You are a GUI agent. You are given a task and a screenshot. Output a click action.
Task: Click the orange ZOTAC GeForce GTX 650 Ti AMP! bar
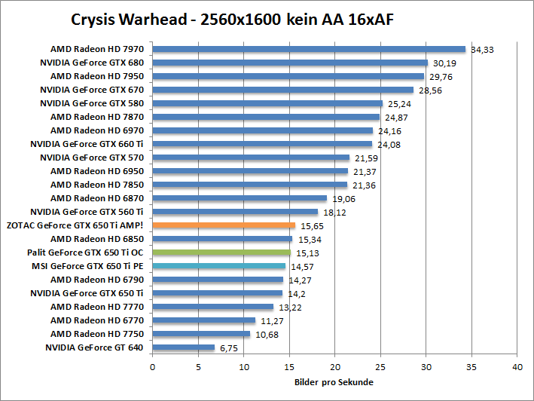[x=224, y=225]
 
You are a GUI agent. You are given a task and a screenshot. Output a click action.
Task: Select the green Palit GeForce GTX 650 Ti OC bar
[x=221, y=252]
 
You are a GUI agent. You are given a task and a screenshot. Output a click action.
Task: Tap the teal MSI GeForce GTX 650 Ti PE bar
[x=219, y=265]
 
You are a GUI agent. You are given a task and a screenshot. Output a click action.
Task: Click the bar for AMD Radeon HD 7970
[x=309, y=49]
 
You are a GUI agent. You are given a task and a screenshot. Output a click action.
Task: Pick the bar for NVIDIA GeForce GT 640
[x=184, y=347]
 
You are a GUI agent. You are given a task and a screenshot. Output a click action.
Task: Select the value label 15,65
[x=312, y=225]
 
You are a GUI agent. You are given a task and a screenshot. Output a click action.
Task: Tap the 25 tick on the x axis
[x=380, y=367]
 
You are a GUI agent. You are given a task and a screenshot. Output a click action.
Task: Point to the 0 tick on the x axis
[x=153, y=367]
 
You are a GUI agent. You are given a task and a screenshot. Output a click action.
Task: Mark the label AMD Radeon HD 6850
[x=97, y=239]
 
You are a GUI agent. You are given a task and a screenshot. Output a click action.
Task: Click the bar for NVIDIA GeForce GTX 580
[x=267, y=103]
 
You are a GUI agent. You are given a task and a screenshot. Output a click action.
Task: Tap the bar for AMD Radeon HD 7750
[x=201, y=333]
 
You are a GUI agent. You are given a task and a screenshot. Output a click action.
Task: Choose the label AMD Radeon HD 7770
[x=97, y=307]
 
